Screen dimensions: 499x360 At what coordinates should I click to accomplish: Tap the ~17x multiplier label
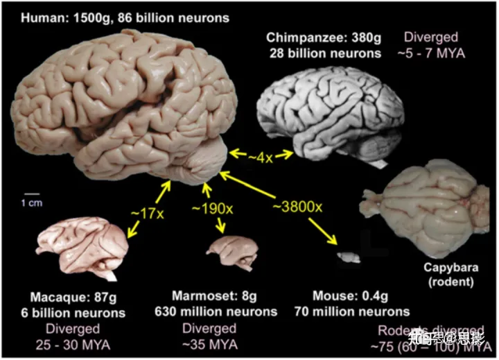[151, 214]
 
